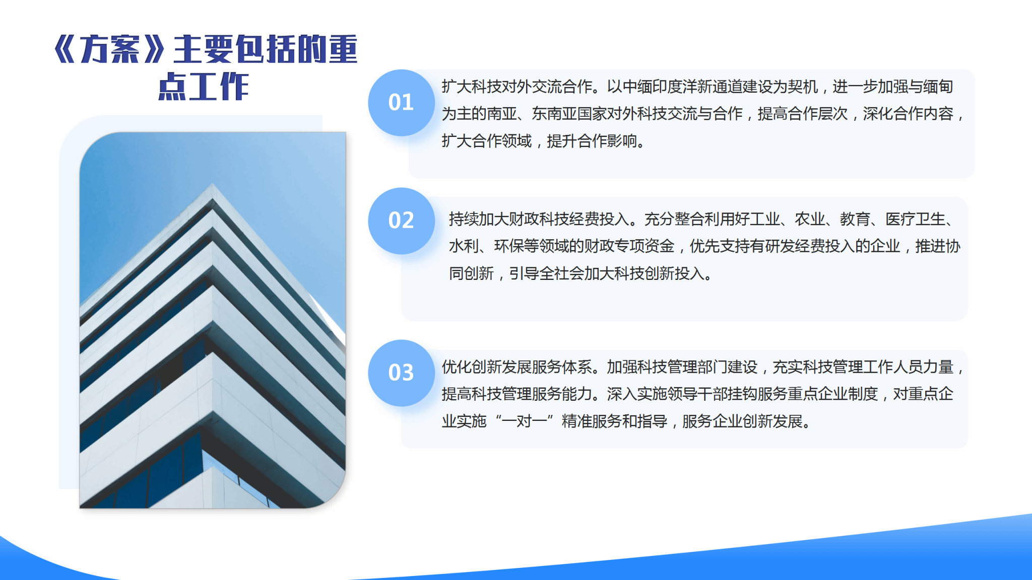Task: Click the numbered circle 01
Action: [x=401, y=103]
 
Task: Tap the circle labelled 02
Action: [x=401, y=221]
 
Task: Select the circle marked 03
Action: [x=401, y=373]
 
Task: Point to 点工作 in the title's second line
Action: [x=204, y=86]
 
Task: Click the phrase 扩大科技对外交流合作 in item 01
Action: [x=517, y=87]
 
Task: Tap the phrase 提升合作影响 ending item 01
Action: [x=592, y=141]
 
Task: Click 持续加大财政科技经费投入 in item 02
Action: [x=539, y=219]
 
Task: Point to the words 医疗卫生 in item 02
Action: [x=915, y=219]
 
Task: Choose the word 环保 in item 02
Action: [x=509, y=246]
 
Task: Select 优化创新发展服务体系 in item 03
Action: [x=517, y=367]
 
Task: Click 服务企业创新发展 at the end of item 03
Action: [x=742, y=421]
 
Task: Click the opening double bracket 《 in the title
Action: [x=66, y=49]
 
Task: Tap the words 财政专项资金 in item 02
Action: [x=629, y=246]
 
